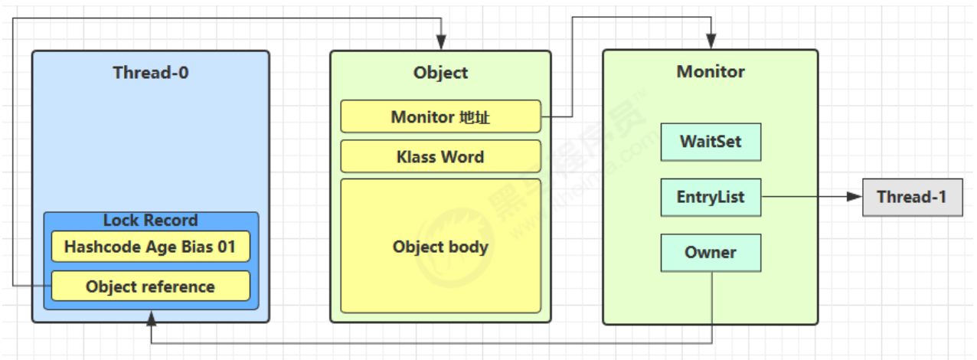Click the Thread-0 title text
151,73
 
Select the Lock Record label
151,221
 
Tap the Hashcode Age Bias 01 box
151,247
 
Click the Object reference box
151,286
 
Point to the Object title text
440,73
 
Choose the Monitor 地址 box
440,116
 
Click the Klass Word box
440,156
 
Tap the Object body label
440,247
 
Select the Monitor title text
711,71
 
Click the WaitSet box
711,142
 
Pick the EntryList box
711,198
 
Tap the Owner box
711,253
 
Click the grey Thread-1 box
913,198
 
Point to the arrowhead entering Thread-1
854,197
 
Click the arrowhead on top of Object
441,43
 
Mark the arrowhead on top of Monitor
711,41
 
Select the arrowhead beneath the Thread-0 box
151,319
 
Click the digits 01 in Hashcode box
227,247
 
